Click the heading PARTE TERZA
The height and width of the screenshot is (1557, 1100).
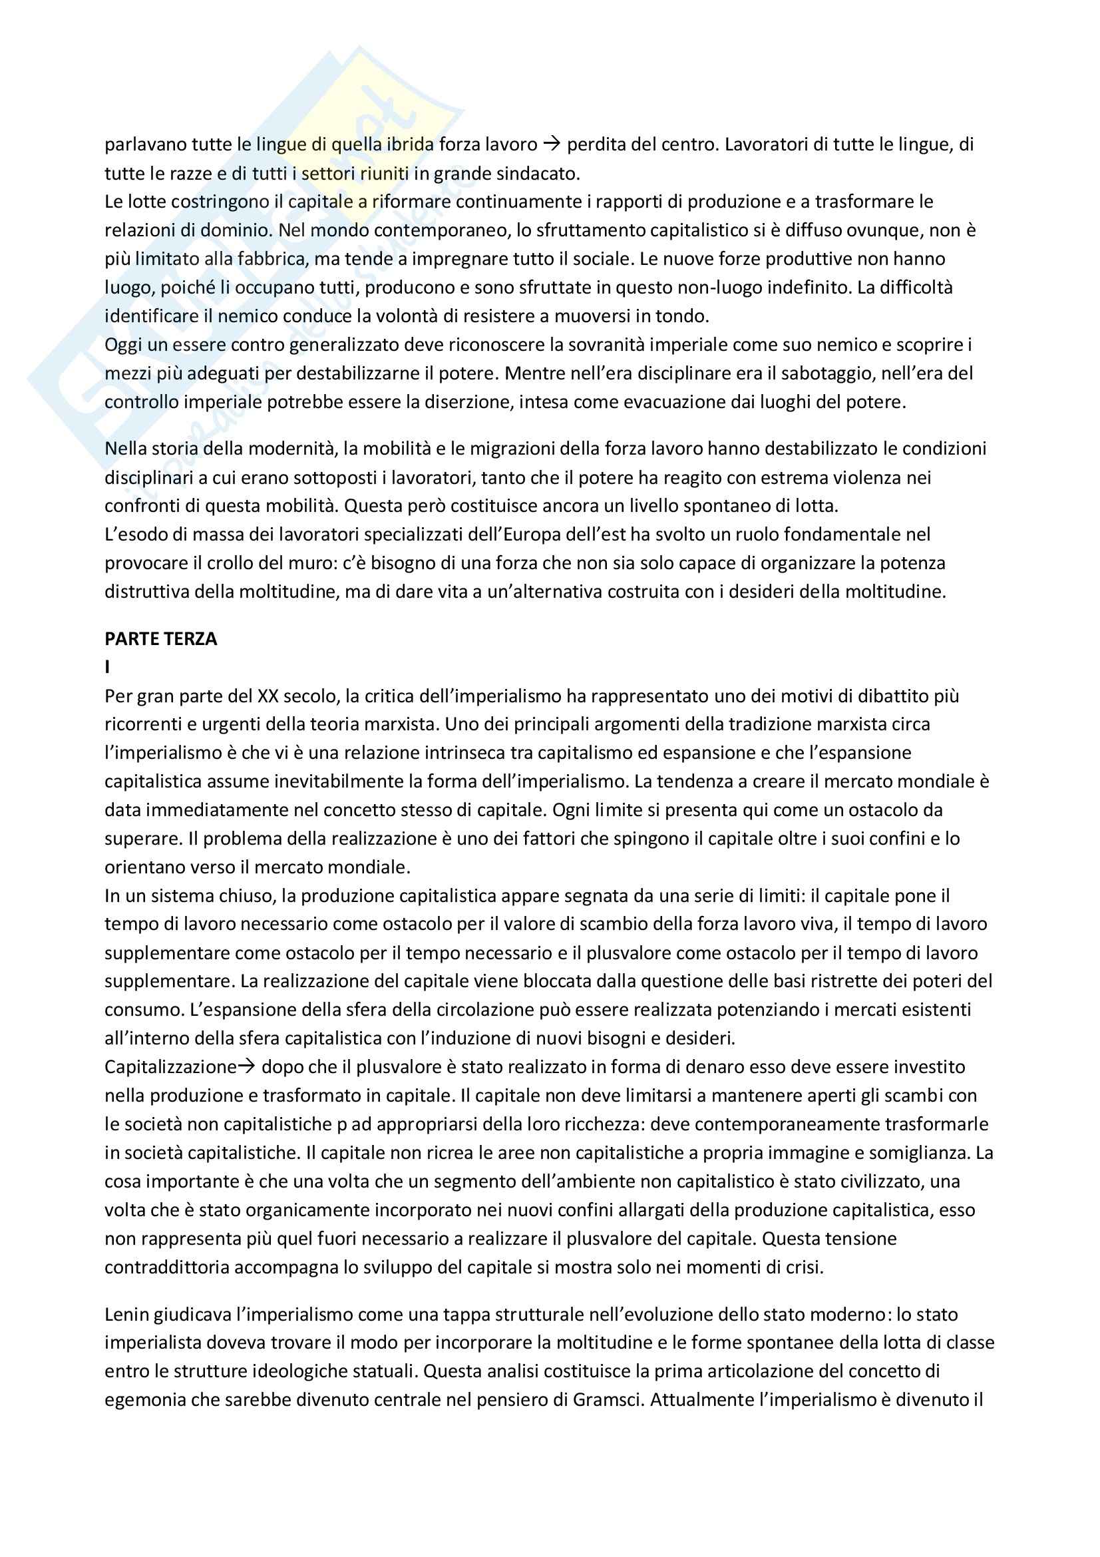160,640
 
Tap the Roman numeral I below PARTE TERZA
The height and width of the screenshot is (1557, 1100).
107,668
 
